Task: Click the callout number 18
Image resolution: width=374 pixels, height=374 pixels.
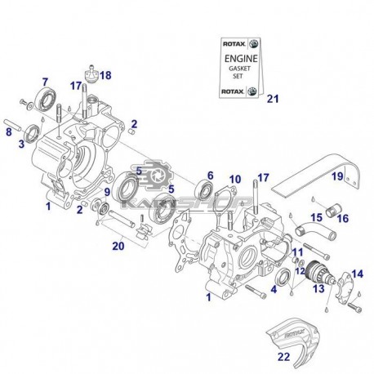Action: (x=106, y=75)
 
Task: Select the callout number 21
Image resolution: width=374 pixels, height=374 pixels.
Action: (x=273, y=100)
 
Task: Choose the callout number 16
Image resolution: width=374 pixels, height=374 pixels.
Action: (x=343, y=219)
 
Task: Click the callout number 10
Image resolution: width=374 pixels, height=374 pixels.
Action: (x=234, y=179)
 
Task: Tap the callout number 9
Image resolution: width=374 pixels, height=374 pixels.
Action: (x=106, y=192)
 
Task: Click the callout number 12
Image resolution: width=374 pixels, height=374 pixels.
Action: (x=300, y=272)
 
